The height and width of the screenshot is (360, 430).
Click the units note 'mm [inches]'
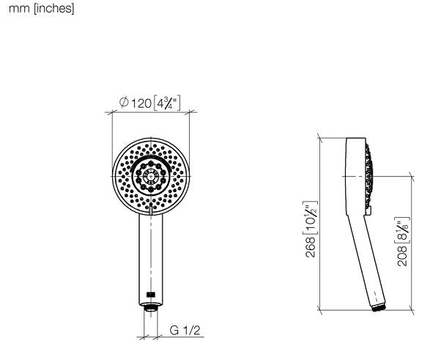(42, 9)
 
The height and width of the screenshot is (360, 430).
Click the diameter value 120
(141, 103)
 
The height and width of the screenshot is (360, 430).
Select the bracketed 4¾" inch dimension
(167, 103)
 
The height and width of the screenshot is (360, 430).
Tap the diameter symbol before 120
(124, 103)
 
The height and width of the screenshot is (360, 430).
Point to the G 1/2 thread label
(185, 331)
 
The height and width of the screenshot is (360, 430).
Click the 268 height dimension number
(311, 248)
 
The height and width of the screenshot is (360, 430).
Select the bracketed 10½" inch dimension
(311, 218)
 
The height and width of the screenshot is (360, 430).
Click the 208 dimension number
(402, 256)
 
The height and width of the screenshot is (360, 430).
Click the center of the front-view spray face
(151, 176)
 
